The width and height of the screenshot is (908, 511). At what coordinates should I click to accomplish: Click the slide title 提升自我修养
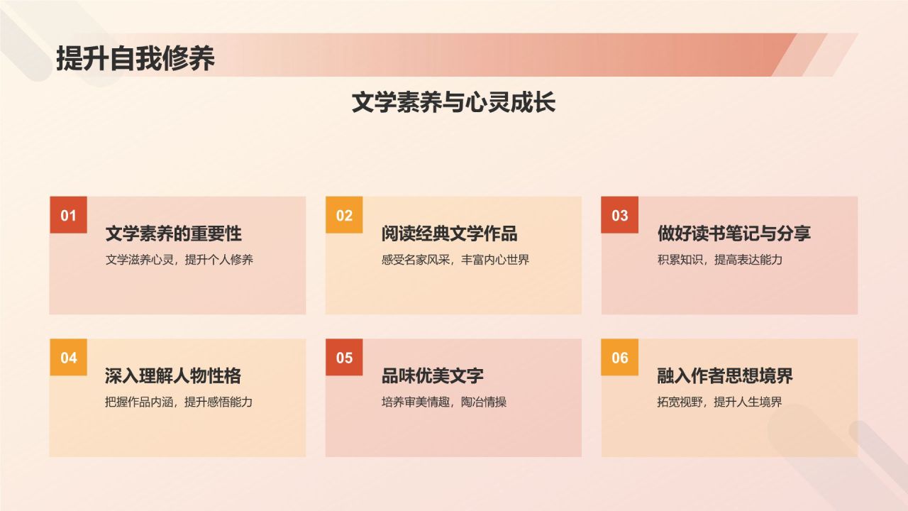click(135, 59)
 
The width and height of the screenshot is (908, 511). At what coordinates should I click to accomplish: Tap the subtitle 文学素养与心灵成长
click(453, 103)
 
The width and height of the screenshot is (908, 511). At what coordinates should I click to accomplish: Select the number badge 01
click(68, 215)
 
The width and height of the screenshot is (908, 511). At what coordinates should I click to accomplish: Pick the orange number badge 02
click(344, 215)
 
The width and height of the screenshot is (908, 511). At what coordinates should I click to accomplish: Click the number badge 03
click(620, 215)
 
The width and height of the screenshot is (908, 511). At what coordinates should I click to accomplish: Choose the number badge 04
click(68, 358)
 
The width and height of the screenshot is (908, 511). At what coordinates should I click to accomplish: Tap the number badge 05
click(344, 358)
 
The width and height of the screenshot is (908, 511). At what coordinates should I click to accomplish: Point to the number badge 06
click(620, 358)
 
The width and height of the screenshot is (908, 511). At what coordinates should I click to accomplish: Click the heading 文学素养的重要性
click(173, 233)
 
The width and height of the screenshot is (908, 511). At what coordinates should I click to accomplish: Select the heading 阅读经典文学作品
click(449, 233)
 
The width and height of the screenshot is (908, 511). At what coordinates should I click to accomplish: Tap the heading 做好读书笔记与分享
click(733, 233)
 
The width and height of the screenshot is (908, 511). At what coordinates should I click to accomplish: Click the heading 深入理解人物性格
click(173, 376)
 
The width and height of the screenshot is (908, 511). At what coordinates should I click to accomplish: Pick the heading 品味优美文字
click(432, 376)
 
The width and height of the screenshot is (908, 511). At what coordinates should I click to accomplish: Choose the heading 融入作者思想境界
click(725, 376)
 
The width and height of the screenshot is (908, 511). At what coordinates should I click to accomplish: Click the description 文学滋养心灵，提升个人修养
click(179, 260)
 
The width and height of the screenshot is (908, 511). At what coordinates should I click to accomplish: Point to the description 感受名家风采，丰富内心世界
click(455, 260)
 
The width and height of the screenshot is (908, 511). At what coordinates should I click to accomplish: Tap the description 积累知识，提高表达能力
click(719, 260)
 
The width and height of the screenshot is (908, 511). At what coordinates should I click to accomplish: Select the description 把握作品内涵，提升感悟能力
click(179, 402)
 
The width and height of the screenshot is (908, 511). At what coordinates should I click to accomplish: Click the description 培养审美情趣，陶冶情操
click(443, 402)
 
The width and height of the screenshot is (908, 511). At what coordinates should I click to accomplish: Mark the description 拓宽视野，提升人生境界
click(719, 402)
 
